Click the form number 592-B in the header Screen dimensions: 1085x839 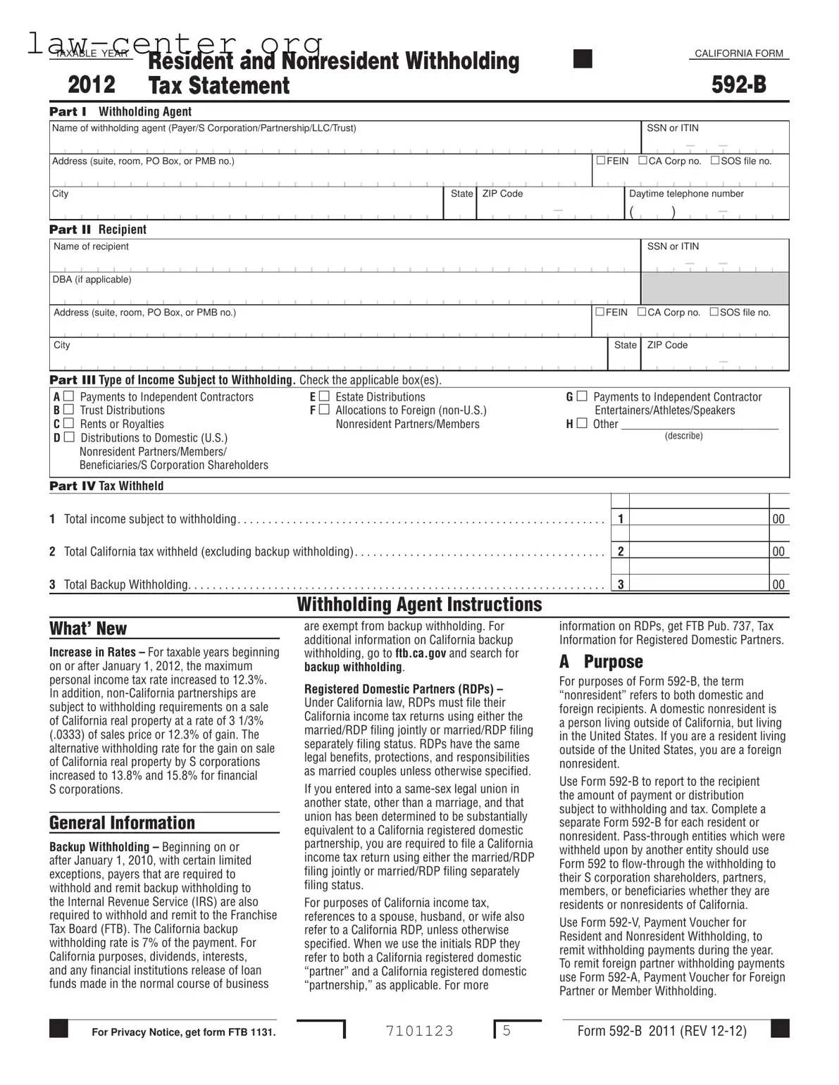click(x=738, y=84)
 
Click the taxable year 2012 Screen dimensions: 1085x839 click(x=92, y=84)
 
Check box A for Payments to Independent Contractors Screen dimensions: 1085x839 click(x=68, y=397)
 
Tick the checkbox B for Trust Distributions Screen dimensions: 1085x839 click(x=68, y=410)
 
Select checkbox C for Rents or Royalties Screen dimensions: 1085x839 click(x=68, y=424)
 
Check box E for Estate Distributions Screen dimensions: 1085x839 click(x=324, y=397)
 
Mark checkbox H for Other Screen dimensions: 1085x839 click(x=581, y=424)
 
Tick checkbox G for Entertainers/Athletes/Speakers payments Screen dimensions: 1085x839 click(x=581, y=397)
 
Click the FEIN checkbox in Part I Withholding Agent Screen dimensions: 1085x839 click(x=601, y=161)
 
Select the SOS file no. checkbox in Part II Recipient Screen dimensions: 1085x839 click(x=714, y=312)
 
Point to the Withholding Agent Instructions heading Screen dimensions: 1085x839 click(x=419, y=605)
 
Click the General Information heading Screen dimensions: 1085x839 click(x=122, y=823)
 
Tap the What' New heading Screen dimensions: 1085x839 click(x=88, y=629)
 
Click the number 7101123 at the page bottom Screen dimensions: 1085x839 click(x=420, y=1031)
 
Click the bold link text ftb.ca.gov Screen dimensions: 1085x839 click(x=421, y=653)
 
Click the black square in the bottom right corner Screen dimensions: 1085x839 click(x=780, y=1029)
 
